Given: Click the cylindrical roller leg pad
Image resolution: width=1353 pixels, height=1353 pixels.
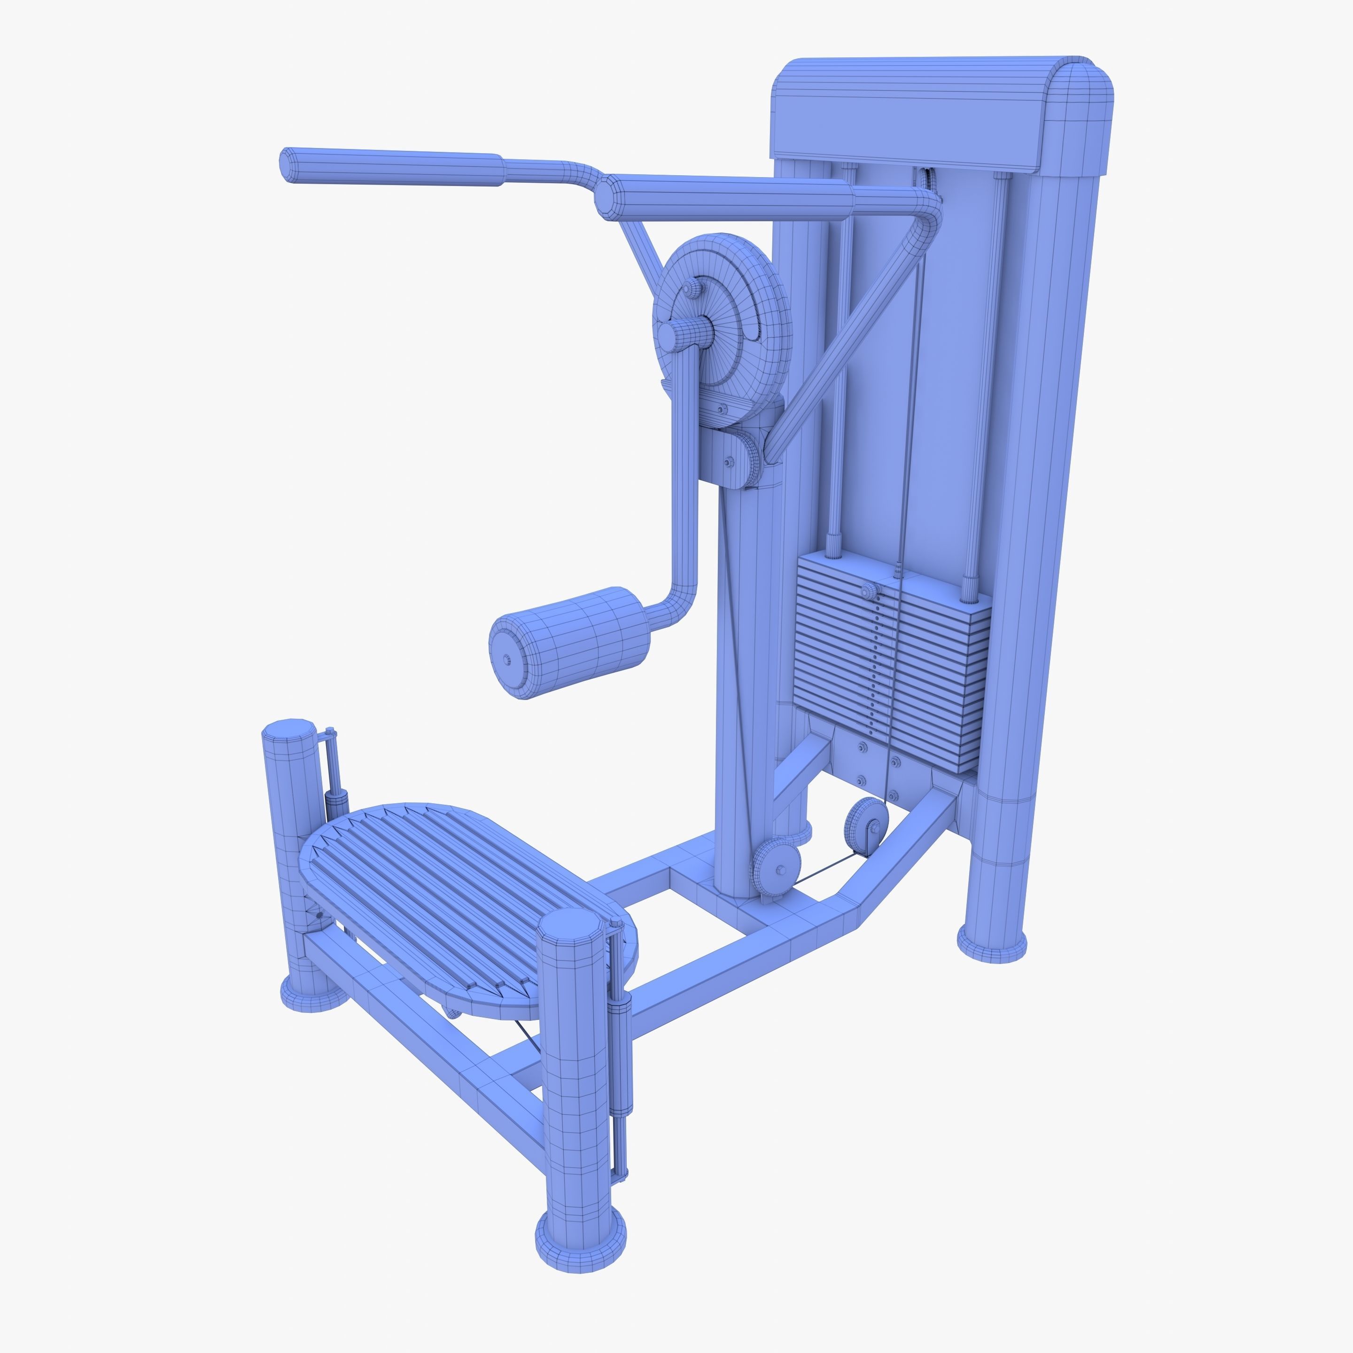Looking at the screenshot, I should [x=581, y=641].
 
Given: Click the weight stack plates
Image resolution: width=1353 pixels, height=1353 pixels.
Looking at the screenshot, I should [x=889, y=658].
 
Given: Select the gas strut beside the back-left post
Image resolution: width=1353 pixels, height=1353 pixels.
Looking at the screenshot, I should [x=335, y=785].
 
